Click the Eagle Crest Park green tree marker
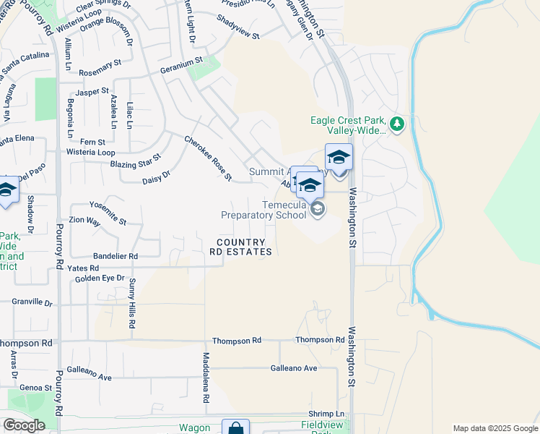(x=396, y=124)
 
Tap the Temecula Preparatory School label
(x=258, y=210)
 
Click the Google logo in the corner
(x=24, y=425)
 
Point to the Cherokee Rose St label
(x=208, y=158)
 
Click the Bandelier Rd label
(x=115, y=256)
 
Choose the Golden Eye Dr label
(x=100, y=278)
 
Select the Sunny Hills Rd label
(x=132, y=304)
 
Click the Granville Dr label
(x=32, y=302)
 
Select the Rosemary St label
(x=100, y=68)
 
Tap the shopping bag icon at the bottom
(x=235, y=428)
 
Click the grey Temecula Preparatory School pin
(x=317, y=209)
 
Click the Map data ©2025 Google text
(x=495, y=428)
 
